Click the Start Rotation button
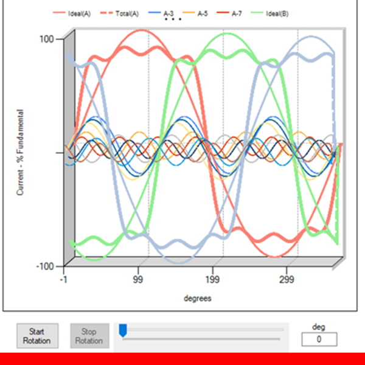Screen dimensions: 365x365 click(x=37, y=336)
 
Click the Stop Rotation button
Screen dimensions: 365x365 click(x=89, y=336)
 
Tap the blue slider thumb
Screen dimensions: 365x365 click(x=123, y=330)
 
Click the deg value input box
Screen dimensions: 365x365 click(x=319, y=339)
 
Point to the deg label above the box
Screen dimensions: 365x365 click(x=319, y=327)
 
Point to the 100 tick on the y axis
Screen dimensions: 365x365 click(x=47, y=39)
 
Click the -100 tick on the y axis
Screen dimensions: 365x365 click(x=46, y=266)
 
